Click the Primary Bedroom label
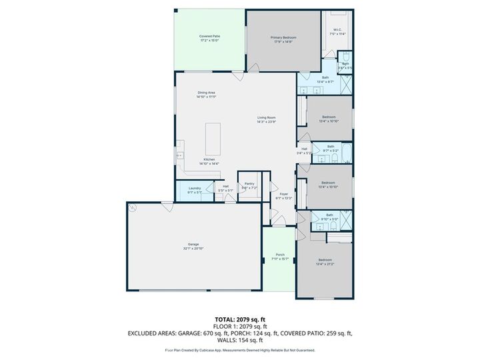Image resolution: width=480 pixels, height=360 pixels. (283, 39)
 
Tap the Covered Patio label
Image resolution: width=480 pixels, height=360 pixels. (209, 38)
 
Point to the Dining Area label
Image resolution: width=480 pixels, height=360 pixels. (206, 94)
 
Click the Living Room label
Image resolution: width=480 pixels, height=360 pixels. (267, 119)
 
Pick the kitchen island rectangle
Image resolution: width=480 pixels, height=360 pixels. (213, 138)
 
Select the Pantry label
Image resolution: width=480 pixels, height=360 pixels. (249, 185)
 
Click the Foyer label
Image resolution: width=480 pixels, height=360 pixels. (283, 195)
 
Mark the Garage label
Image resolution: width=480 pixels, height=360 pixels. (193, 245)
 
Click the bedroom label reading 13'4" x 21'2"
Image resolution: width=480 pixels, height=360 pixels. (325, 261)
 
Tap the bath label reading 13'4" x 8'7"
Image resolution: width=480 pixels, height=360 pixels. (325, 79)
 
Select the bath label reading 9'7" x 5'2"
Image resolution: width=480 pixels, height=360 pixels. (330, 151)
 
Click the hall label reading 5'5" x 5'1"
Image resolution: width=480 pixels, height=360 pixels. (226, 188)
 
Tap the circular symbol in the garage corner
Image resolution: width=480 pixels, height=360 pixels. (132, 208)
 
